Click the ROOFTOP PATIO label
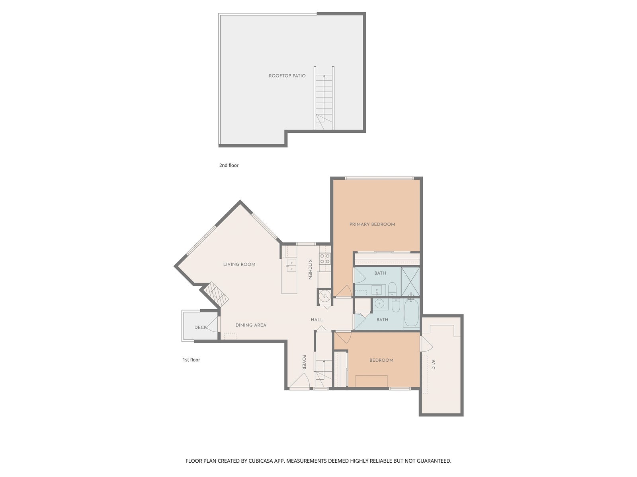pyautogui.click(x=287, y=76)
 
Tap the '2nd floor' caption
pyautogui.click(x=229, y=165)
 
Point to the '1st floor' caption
pyautogui.click(x=191, y=360)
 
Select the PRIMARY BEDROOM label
pyautogui.click(x=372, y=224)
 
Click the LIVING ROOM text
pyautogui.click(x=239, y=264)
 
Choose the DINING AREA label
pyautogui.click(x=251, y=325)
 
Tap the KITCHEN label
pyautogui.click(x=310, y=270)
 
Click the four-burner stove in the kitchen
pyautogui.click(x=325, y=258)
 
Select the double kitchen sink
pyautogui.click(x=291, y=266)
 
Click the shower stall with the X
pyautogui.click(x=410, y=281)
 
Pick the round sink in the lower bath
pyautogui.click(x=379, y=304)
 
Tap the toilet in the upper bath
pyautogui.click(x=392, y=289)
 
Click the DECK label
pyautogui.click(x=201, y=327)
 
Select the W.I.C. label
pyautogui.click(x=433, y=365)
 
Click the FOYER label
pyautogui.click(x=304, y=362)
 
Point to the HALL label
pyautogui.click(x=317, y=320)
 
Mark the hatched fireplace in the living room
pyautogui.click(x=216, y=295)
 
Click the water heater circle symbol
pyautogui.click(x=324, y=296)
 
